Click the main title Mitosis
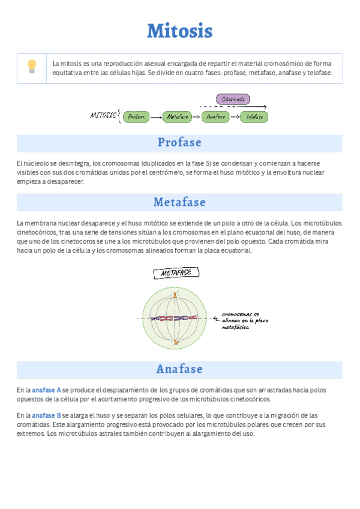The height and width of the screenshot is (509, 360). [179, 31]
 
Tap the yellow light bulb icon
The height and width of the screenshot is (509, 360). [32, 66]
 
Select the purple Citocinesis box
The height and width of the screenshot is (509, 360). [232, 99]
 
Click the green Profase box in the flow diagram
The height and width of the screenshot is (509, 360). [136, 116]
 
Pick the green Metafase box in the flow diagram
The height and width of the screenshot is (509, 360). [177, 116]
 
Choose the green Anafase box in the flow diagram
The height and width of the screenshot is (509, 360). [216, 116]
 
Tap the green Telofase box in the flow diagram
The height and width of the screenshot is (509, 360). [255, 116]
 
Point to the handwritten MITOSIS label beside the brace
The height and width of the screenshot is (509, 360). [103, 115]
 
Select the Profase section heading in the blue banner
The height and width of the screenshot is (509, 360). [179, 143]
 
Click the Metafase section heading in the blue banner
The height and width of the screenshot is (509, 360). [179, 202]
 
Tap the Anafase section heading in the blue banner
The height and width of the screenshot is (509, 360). [179, 369]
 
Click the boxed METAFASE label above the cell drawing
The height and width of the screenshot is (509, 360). [176, 273]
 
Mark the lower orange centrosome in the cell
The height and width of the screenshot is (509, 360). [175, 342]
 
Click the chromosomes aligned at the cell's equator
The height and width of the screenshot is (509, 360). [175, 319]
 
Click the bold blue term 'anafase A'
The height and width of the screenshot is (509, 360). [46, 390]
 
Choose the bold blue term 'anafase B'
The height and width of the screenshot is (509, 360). [46, 415]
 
